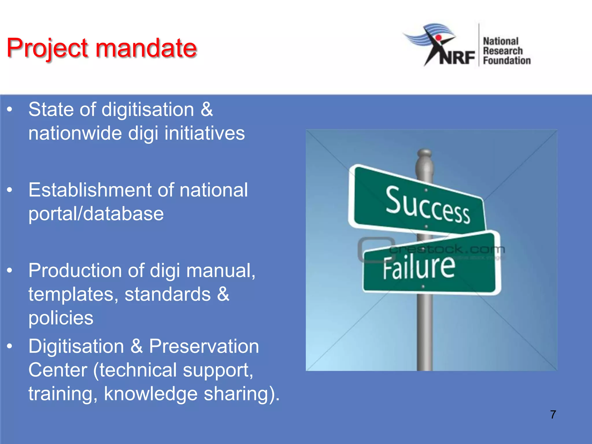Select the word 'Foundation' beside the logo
(x=507, y=61)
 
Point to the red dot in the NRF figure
(x=439, y=38)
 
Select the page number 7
(x=553, y=415)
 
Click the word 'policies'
(x=61, y=318)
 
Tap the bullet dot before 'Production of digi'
(x=10, y=271)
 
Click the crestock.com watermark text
(x=447, y=249)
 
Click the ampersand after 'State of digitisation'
(x=207, y=110)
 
